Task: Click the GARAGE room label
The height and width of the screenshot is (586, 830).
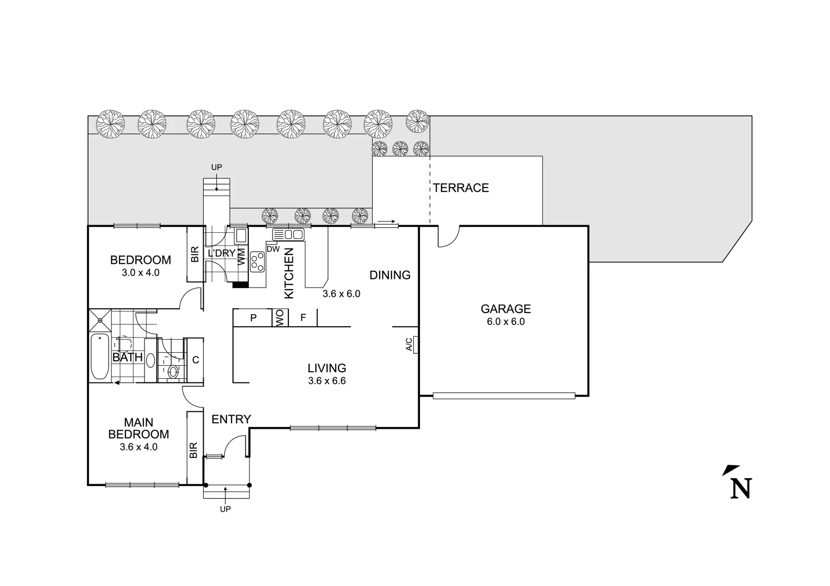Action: (x=505, y=309)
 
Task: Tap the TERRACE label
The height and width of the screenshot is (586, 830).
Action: (x=461, y=188)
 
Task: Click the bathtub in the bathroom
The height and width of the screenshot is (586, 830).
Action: (x=100, y=356)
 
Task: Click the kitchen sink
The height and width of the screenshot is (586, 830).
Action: (x=288, y=234)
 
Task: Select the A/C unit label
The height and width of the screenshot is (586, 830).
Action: (x=410, y=345)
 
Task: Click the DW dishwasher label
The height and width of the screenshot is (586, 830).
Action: (x=273, y=249)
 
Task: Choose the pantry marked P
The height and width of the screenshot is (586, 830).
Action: (x=253, y=318)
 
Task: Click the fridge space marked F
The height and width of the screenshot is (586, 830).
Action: (x=303, y=318)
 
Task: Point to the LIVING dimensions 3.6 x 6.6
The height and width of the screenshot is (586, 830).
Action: (x=326, y=381)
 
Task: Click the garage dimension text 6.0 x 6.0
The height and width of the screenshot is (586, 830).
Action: (x=505, y=321)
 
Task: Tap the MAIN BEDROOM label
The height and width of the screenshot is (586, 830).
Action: (x=139, y=428)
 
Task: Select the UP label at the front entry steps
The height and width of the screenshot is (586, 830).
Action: (x=225, y=509)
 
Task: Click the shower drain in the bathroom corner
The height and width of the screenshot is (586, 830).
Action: (x=100, y=320)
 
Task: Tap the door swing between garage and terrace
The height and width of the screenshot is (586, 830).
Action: (x=448, y=237)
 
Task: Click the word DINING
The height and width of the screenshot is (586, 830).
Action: (x=389, y=275)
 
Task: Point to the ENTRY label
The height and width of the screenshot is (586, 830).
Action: (x=231, y=419)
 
